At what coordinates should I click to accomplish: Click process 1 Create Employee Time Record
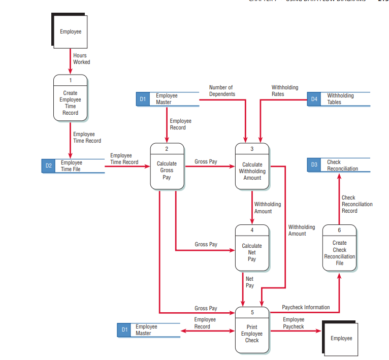(70, 98)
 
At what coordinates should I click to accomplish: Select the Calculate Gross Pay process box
(167, 167)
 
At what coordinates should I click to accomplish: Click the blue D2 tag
(48, 166)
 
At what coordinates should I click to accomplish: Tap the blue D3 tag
(314, 165)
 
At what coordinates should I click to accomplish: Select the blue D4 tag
(314, 99)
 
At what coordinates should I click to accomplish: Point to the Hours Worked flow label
(81, 59)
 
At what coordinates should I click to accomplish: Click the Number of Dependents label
(222, 91)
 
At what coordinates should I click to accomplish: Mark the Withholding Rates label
(285, 91)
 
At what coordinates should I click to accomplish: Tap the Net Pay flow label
(249, 282)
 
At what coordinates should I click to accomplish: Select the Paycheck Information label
(306, 307)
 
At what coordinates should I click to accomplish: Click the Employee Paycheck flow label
(294, 323)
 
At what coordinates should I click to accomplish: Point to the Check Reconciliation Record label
(356, 204)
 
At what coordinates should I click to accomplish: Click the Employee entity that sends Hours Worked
(71, 31)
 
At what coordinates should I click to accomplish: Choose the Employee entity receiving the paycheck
(341, 338)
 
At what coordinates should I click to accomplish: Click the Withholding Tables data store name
(340, 99)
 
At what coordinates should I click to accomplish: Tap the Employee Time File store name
(71, 166)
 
